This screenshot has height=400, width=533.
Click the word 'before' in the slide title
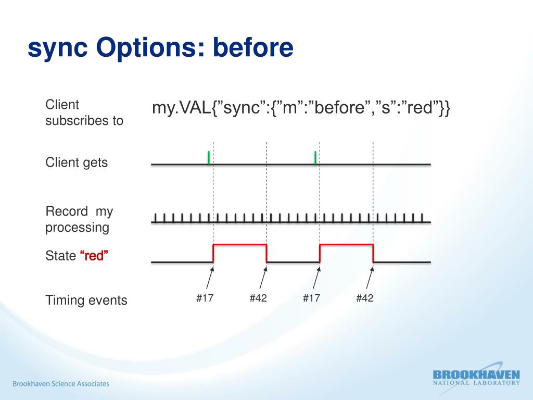253,47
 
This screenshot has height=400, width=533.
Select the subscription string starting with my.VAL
301,107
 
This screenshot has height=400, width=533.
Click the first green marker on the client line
209,157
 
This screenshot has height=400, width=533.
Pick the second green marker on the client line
315,157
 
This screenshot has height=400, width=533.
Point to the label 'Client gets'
77,162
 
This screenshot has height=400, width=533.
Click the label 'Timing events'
86,301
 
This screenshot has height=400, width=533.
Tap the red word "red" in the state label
94,255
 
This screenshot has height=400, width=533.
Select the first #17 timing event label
205,298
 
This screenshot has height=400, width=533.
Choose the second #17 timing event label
311,298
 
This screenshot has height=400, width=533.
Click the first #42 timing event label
258,298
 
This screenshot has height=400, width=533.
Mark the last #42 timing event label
365,298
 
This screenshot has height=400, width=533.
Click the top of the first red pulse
239,244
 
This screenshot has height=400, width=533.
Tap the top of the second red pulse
346,244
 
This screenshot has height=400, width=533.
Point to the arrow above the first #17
210,278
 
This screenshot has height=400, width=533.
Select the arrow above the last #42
370,278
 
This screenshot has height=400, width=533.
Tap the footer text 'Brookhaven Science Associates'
61,384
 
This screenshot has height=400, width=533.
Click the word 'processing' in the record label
77,228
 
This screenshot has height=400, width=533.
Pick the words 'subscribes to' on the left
84,121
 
